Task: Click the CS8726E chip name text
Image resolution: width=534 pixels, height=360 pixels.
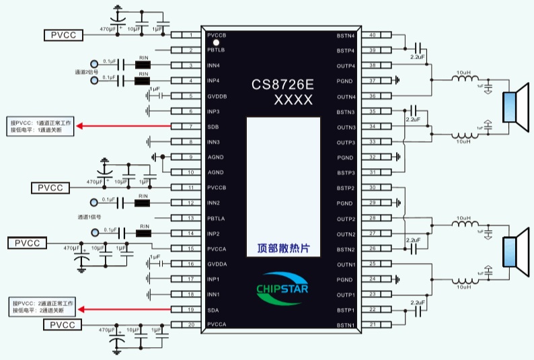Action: coord(283,85)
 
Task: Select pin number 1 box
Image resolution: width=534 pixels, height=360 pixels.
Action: coord(191,35)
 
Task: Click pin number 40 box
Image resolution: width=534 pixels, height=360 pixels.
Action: coord(371,35)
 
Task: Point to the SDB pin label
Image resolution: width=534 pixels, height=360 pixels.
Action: coord(213,127)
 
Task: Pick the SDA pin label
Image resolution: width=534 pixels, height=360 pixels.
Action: coord(213,310)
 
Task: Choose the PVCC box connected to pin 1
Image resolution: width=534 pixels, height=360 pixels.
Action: coord(64,35)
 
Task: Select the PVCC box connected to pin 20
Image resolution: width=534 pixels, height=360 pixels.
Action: coord(64,325)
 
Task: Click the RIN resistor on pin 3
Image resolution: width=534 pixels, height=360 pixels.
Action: coord(143,65)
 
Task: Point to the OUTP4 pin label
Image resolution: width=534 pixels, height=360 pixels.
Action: coord(346,65)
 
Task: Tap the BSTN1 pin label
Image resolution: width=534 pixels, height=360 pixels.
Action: coord(346,325)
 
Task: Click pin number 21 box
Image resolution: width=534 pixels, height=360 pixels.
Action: coord(371,325)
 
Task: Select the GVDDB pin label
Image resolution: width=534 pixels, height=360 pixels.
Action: coord(217,96)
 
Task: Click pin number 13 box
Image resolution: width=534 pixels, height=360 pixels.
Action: coord(191,218)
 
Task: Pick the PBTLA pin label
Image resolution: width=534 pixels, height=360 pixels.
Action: coord(216,218)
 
